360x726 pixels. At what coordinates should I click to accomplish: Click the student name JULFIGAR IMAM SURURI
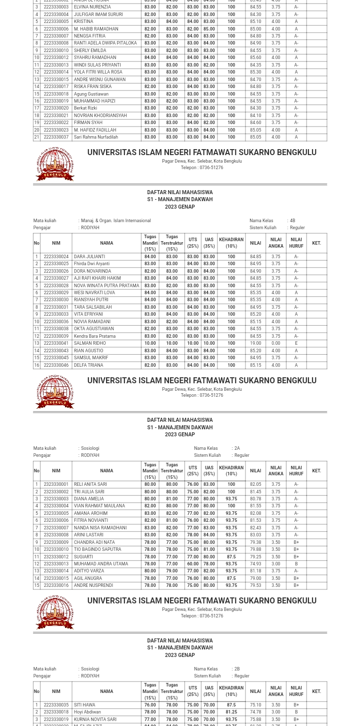pyautogui.click(x=98, y=15)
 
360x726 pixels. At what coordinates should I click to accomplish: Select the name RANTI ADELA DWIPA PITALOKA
pyautogui.click(x=105, y=43)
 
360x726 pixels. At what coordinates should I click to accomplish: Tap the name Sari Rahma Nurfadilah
pyautogui.click(x=95, y=137)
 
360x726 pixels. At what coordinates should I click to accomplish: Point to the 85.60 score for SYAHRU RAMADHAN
pyautogui.click(x=255, y=58)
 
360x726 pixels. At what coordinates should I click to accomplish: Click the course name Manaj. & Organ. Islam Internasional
pyautogui.click(x=115, y=221)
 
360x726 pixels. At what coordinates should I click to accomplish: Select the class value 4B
pyautogui.click(x=292, y=221)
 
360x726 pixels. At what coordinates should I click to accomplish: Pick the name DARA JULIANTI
pyautogui.click(x=89, y=257)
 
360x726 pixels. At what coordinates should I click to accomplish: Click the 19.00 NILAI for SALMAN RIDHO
pyautogui.click(x=255, y=343)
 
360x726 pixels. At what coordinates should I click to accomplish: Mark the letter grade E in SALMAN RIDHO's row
pyautogui.click(x=296, y=343)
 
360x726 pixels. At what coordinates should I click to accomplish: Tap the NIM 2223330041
pyautogui.click(x=56, y=343)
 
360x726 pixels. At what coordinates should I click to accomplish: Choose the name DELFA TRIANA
pyautogui.click(x=88, y=365)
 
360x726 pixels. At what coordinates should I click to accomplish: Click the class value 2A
pyautogui.click(x=237, y=448)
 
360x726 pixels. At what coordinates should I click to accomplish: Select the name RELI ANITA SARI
pyautogui.click(x=90, y=484)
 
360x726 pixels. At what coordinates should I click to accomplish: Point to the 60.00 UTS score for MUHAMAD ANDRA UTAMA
pyautogui.click(x=192, y=564)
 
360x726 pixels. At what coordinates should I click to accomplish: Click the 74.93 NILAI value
pyautogui.click(x=255, y=564)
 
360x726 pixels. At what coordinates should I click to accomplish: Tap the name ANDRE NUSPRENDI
pyautogui.click(x=93, y=585)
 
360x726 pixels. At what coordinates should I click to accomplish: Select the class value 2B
pyautogui.click(x=237, y=669)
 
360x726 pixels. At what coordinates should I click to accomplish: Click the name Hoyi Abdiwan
pyautogui.click(x=87, y=712)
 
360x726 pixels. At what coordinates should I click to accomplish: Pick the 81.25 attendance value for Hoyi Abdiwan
pyautogui.click(x=231, y=712)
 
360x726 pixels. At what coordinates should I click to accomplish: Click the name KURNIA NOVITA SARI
pyautogui.click(x=95, y=719)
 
